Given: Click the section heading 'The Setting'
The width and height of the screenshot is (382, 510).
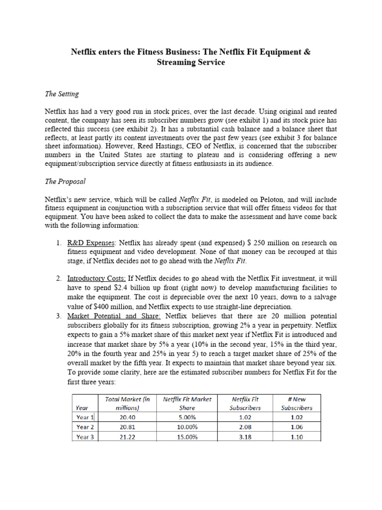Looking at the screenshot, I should (62, 94).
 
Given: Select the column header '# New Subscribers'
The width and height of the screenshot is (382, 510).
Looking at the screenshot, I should (296, 403).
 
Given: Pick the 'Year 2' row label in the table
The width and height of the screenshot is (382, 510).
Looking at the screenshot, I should (83, 427).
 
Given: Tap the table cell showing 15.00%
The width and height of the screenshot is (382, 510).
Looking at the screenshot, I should (187, 437).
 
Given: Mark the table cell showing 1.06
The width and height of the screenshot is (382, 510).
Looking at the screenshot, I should (296, 427).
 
